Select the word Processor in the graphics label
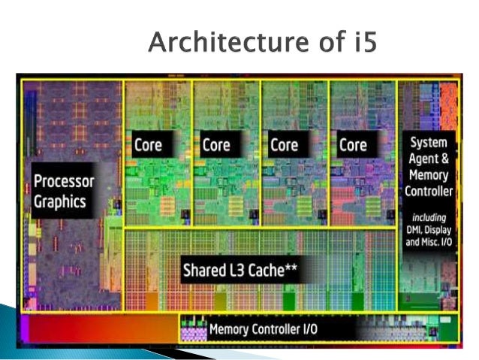(x=64, y=181)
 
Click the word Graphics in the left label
(x=60, y=201)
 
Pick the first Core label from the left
(x=148, y=145)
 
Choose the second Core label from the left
(x=215, y=145)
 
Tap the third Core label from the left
(x=284, y=145)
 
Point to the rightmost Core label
(x=352, y=145)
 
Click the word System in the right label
(x=428, y=142)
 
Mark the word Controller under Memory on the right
(x=428, y=192)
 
